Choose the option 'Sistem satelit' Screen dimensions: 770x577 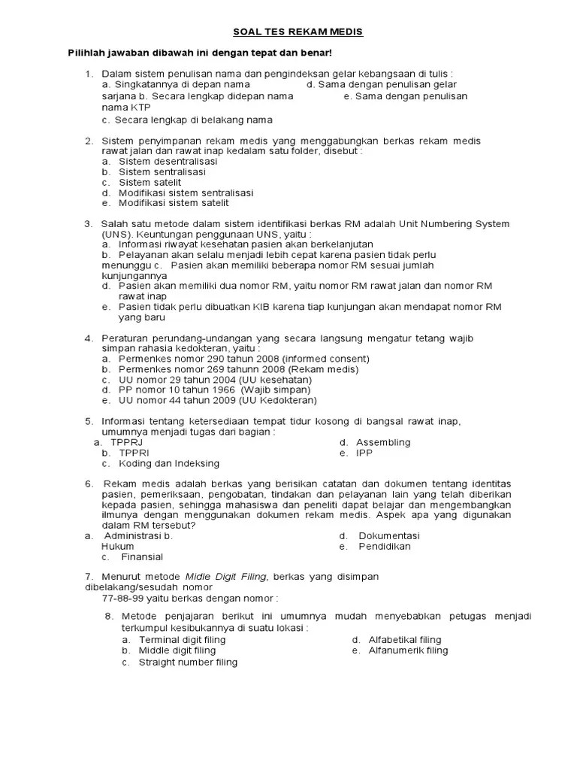[x=150, y=182]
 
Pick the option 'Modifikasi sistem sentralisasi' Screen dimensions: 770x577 [x=186, y=192]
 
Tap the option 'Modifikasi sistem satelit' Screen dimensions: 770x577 [x=174, y=203]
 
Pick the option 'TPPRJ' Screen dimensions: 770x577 [x=126, y=442]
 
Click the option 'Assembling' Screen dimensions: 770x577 [x=383, y=442]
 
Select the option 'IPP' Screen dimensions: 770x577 [x=364, y=453]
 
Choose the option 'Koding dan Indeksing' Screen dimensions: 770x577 [x=169, y=464]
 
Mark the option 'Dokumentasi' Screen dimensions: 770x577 [x=388, y=535]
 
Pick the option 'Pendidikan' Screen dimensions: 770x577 [x=385, y=547]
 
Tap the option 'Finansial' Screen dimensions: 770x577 [x=142, y=557]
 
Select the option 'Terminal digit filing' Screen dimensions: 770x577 [x=182, y=640]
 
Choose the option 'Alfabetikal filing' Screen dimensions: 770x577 [x=405, y=640]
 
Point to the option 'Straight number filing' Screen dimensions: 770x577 [x=188, y=662]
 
